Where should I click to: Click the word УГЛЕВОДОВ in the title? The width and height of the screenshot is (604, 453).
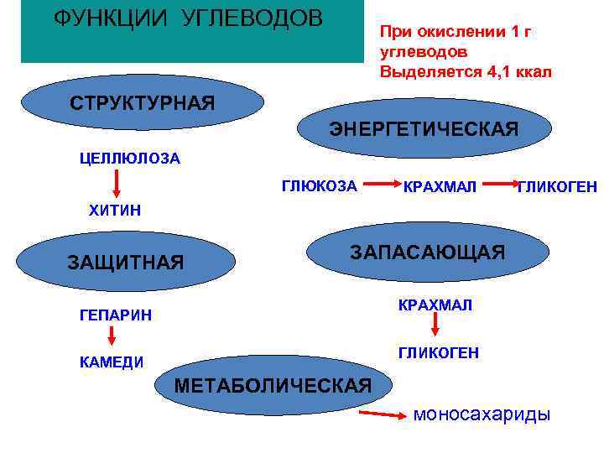(252, 18)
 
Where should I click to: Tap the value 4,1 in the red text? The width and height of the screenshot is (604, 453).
(497, 71)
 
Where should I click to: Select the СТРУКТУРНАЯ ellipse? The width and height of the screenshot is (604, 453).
(142, 103)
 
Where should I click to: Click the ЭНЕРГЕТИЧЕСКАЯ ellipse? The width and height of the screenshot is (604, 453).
(424, 129)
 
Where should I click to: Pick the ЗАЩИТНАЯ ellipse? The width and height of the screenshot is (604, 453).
(125, 262)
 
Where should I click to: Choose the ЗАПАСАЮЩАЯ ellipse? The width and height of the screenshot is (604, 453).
(427, 252)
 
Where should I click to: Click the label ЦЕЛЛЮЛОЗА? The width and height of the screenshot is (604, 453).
(130, 159)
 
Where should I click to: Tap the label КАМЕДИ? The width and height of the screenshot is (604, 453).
(112, 362)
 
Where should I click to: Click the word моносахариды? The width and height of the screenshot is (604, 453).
(482, 414)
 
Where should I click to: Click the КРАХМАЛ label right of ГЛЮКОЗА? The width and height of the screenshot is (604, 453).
(440, 185)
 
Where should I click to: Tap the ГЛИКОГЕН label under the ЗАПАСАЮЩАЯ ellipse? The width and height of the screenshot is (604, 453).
(439, 353)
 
